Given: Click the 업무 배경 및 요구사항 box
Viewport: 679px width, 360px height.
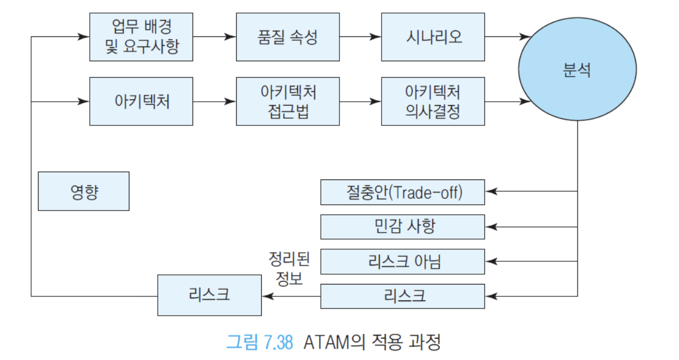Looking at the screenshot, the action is pyautogui.click(x=141, y=37).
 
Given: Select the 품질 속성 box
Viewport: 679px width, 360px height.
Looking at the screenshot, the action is pyautogui.click(x=287, y=37).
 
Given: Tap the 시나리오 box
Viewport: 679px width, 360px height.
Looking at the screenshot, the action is pyautogui.click(x=433, y=37).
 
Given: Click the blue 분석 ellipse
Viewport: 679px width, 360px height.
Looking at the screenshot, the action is pyautogui.click(x=577, y=69).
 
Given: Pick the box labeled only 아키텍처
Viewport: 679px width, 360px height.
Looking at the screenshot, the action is pyautogui.click(x=141, y=102).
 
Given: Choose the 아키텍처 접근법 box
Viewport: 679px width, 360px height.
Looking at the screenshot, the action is pyautogui.click(x=287, y=102).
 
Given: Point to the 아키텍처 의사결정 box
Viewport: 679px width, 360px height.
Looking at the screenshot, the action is pyautogui.click(x=433, y=102).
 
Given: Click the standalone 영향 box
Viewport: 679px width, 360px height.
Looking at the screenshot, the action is pyautogui.click(x=83, y=191).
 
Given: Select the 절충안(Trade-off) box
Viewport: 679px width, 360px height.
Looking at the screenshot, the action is pyautogui.click(x=403, y=192).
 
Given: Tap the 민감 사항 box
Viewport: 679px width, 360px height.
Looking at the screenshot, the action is pyautogui.click(x=403, y=227).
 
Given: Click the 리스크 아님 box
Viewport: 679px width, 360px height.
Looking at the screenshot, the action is pyautogui.click(x=403, y=261).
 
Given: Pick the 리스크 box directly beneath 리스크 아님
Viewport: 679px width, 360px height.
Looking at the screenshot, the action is pyautogui.click(x=403, y=296).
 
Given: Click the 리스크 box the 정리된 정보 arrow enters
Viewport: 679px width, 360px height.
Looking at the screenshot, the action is pyautogui.click(x=209, y=295).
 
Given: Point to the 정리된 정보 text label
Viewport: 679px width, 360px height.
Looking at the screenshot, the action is pyautogui.click(x=289, y=269).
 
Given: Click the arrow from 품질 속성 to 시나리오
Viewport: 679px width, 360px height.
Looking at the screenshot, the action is pyautogui.click(x=361, y=37).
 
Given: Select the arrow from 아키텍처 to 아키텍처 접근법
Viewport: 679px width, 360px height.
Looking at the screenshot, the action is pyautogui.click(x=215, y=102).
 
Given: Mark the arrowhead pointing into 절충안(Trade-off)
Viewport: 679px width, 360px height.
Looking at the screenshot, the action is pyautogui.click(x=491, y=191).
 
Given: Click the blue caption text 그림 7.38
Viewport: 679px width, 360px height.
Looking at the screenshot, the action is pyautogui.click(x=260, y=342).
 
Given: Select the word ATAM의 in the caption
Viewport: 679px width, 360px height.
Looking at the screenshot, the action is pyautogui.click(x=334, y=342).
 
